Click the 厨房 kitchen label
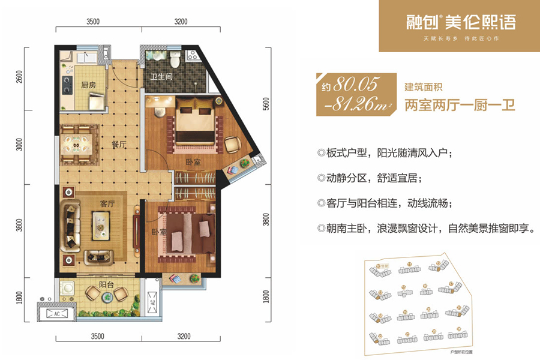coord(88,85)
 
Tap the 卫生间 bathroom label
coord(162,76)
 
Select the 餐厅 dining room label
coord(118,145)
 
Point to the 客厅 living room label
coord(107,203)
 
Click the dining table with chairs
coord(76,144)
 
